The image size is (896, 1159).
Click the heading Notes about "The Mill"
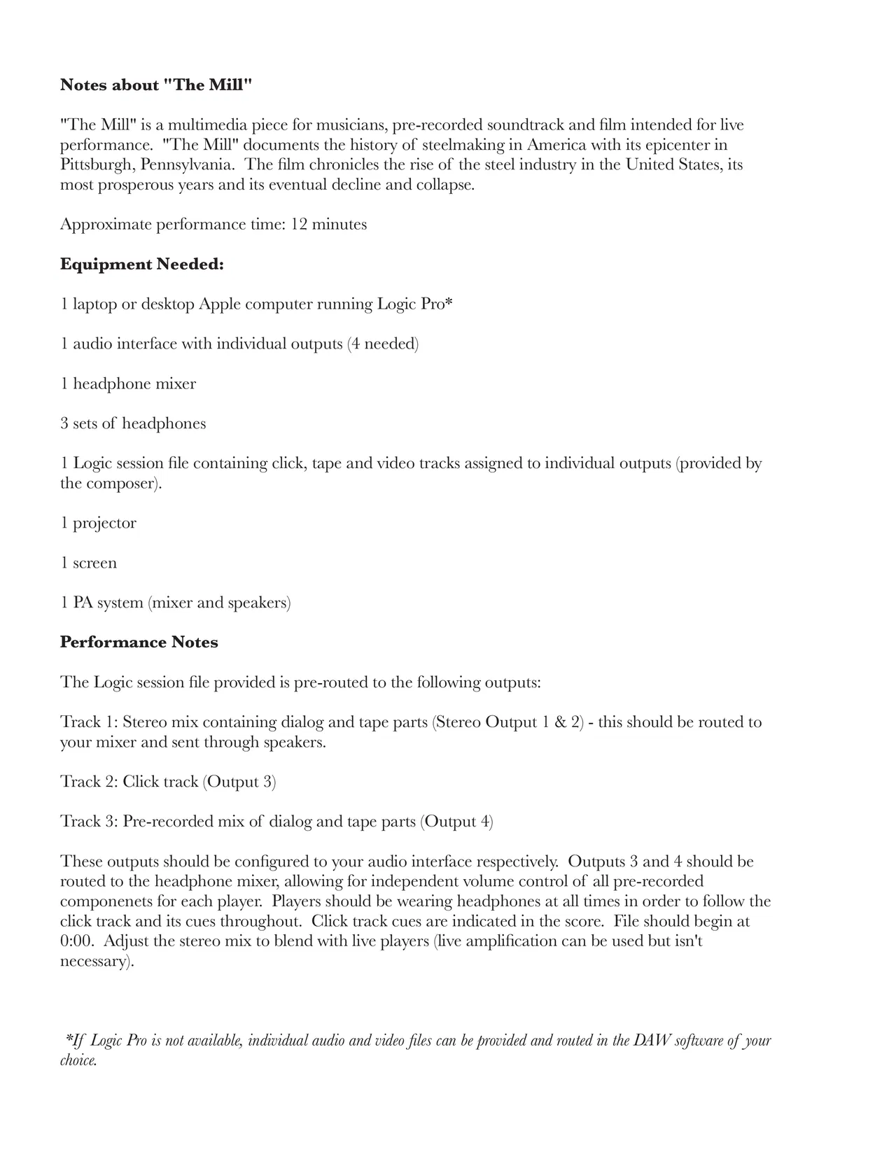coord(155,85)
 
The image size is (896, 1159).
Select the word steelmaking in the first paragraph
coord(475,145)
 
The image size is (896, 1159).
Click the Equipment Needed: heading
coord(141,265)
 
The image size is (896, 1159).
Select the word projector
coord(104,524)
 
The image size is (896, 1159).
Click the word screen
coord(94,563)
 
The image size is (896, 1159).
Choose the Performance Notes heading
coord(139,642)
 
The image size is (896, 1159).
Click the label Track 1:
coord(89,722)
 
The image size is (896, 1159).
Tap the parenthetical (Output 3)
coord(239,782)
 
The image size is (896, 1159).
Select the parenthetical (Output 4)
coord(456,822)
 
